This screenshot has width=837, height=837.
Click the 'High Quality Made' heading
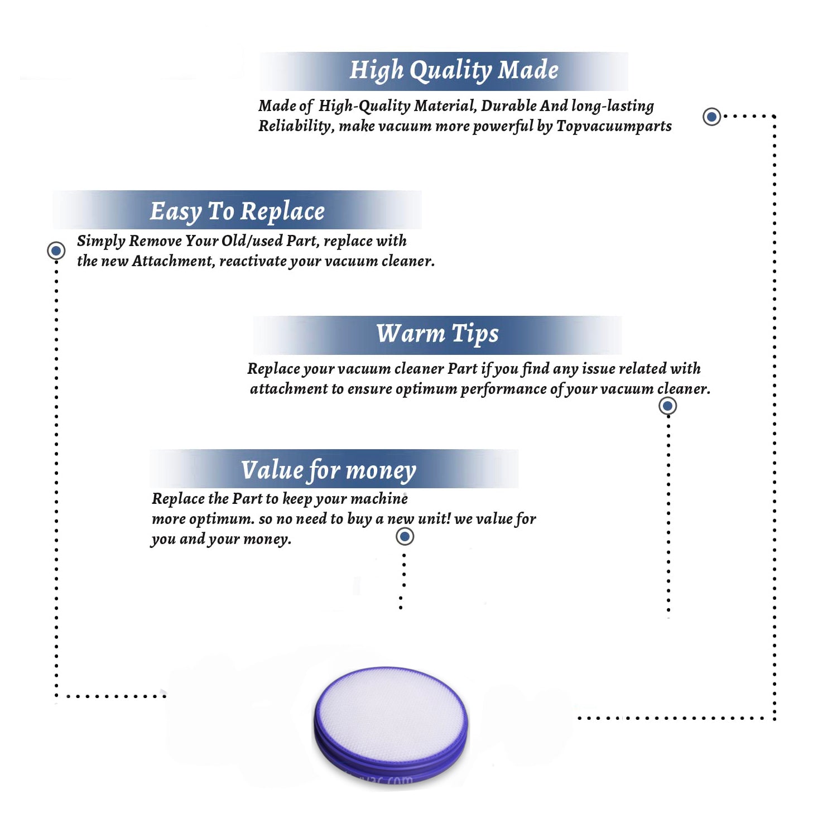point(454,71)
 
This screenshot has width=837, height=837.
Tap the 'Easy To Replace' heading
point(237,212)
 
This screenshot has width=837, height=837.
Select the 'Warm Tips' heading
point(437,334)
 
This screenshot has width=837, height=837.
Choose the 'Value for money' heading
point(329,470)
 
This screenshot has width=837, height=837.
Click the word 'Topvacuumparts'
point(614,127)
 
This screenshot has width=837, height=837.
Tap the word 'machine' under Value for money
point(381,498)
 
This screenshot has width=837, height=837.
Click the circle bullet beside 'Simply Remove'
point(56,251)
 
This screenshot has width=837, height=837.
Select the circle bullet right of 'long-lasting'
point(711,117)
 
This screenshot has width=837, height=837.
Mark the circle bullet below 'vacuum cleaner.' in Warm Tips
point(668,406)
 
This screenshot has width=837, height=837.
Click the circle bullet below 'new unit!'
point(405,537)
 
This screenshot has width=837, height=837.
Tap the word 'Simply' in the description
point(101,241)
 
